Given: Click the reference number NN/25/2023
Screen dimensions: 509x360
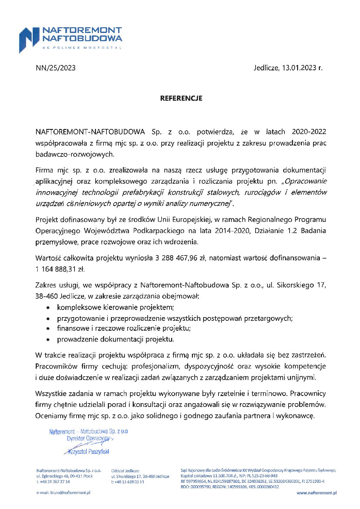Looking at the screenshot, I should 55,68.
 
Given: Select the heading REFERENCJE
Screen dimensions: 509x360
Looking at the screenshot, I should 181,98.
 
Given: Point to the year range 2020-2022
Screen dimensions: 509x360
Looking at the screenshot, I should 309,132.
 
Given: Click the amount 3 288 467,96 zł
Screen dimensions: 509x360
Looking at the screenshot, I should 180,258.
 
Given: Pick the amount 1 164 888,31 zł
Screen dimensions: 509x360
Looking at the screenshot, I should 60,269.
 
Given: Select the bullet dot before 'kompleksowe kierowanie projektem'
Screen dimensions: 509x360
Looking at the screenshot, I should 49,308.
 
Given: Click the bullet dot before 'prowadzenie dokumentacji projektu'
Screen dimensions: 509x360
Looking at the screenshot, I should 49,340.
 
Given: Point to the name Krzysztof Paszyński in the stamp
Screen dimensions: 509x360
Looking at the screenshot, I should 89,452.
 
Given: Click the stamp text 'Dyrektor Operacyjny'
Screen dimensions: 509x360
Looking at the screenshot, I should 88,439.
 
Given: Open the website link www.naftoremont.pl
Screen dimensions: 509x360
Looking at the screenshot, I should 316,492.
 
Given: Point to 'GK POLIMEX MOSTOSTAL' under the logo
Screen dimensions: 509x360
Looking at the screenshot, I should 82,48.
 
